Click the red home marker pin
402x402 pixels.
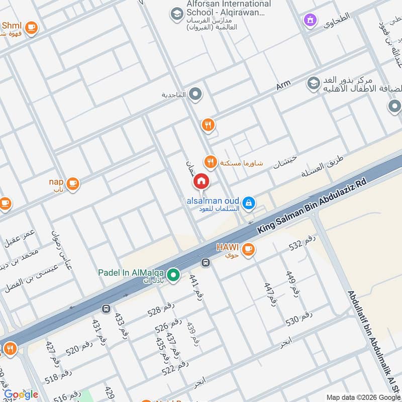tap(201, 181)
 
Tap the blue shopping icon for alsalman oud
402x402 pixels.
tap(248, 203)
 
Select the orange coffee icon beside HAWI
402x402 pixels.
tap(248, 248)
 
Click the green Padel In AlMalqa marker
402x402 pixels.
tap(173, 275)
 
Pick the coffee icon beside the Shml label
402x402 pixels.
tap(31, 27)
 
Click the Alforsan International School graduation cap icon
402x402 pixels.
tap(176, 13)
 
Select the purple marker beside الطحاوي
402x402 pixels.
tap(310, 20)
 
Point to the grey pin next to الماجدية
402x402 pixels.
tap(195, 94)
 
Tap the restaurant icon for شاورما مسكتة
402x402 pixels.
tap(210, 161)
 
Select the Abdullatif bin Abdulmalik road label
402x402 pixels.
tap(370, 342)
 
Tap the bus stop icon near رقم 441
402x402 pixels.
tap(205, 262)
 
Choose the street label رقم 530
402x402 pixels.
tap(299, 318)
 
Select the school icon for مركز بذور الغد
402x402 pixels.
tap(313, 83)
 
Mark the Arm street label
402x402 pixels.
tap(283, 86)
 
